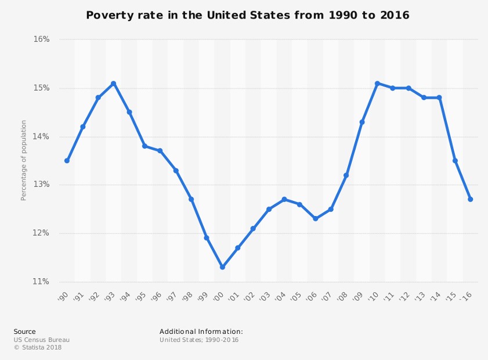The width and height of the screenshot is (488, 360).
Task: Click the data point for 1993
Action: pyautogui.click(x=114, y=84)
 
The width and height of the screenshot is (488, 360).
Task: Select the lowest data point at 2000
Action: pyautogui.click(x=222, y=267)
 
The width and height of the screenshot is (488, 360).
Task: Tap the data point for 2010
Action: pyautogui.click(x=377, y=84)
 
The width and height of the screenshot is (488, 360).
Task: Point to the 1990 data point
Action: pyautogui.click(x=67, y=161)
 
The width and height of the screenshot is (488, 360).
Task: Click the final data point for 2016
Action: pyautogui.click(x=471, y=199)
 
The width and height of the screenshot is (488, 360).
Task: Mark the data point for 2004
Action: pyautogui.click(x=284, y=199)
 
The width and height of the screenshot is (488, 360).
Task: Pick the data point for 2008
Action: pyautogui.click(x=346, y=175)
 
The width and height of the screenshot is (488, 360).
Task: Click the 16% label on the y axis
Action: pyautogui.click(x=41, y=39)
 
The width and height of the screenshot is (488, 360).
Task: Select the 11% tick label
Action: pyautogui.click(x=41, y=282)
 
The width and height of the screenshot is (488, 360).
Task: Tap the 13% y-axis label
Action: pyautogui.click(x=41, y=185)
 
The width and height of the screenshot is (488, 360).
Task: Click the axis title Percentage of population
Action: pyautogui.click(x=24, y=160)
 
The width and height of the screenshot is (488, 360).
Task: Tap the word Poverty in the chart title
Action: pyautogui.click(x=106, y=16)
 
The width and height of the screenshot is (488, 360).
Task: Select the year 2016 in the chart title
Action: pyautogui.click(x=395, y=16)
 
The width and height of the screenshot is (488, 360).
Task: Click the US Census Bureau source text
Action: pyautogui.click(x=42, y=340)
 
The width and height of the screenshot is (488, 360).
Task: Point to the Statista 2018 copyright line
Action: pyautogui.click(x=38, y=348)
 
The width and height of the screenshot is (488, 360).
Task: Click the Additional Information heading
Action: pyautogui.click(x=201, y=332)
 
